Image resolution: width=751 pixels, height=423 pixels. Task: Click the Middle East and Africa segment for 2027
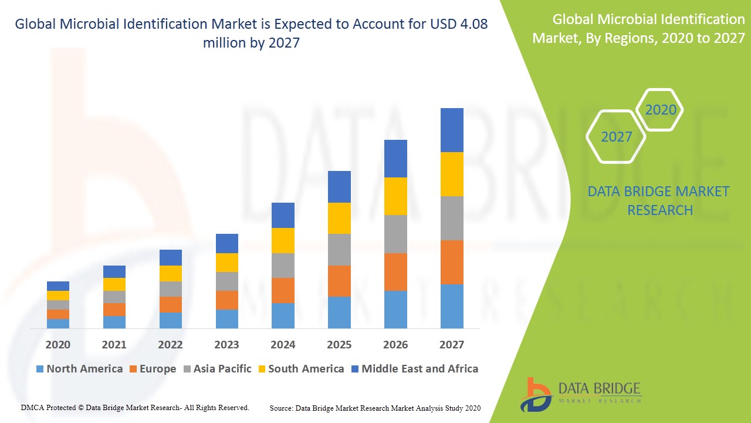point(452,130)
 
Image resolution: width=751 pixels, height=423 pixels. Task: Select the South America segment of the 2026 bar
point(395,196)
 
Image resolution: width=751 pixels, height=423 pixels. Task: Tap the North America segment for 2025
point(339,312)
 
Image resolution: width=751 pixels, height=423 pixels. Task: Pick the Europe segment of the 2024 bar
point(283,290)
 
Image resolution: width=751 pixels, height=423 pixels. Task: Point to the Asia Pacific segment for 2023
point(227,281)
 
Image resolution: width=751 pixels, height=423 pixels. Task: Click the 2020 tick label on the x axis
point(57,344)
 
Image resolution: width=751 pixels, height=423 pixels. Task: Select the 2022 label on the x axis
point(170,344)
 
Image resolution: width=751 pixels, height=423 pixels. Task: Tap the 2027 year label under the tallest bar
point(452,344)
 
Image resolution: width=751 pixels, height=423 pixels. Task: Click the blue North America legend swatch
point(40,369)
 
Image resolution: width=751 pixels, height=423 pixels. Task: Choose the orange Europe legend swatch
point(133,369)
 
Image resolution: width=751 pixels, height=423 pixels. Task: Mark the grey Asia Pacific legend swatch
point(187,369)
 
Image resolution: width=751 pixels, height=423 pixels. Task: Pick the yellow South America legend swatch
point(262,369)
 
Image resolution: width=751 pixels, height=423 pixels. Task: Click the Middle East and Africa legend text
point(420,369)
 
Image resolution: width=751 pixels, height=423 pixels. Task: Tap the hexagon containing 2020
point(660,110)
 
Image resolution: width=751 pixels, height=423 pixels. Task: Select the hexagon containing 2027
point(616,137)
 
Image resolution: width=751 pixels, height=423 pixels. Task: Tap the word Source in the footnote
point(282,408)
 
